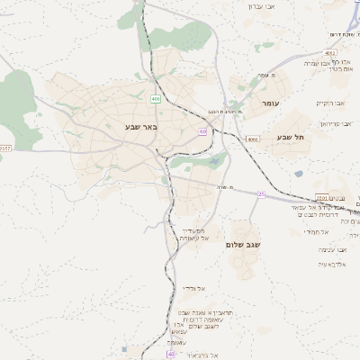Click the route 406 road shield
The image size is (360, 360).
point(157,98)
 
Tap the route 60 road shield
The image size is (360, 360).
point(203,131)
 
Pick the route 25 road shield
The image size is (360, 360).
point(261,193)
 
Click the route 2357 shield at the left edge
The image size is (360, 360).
point(4,147)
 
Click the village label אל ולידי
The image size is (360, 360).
point(194,288)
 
